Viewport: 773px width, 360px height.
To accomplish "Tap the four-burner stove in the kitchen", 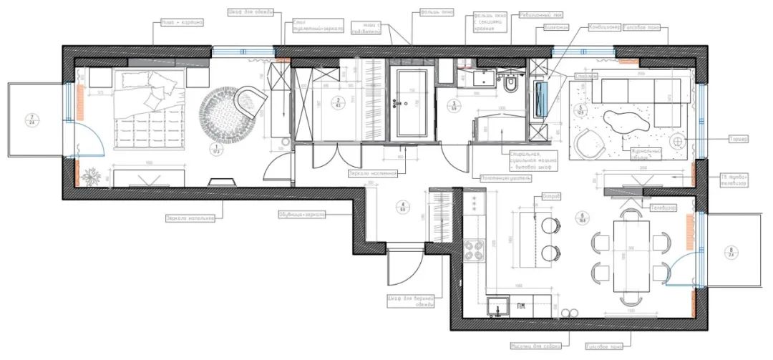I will click(x=475, y=251).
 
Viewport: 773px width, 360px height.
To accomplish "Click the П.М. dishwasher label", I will click(x=522, y=308).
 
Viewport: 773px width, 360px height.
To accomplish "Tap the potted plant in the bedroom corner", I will click(x=92, y=175).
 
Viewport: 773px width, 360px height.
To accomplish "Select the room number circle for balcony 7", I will click(x=31, y=120).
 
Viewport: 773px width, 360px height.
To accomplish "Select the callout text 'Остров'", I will click(x=552, y=196).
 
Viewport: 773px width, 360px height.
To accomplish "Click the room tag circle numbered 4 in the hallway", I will click(x=402, y=207).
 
